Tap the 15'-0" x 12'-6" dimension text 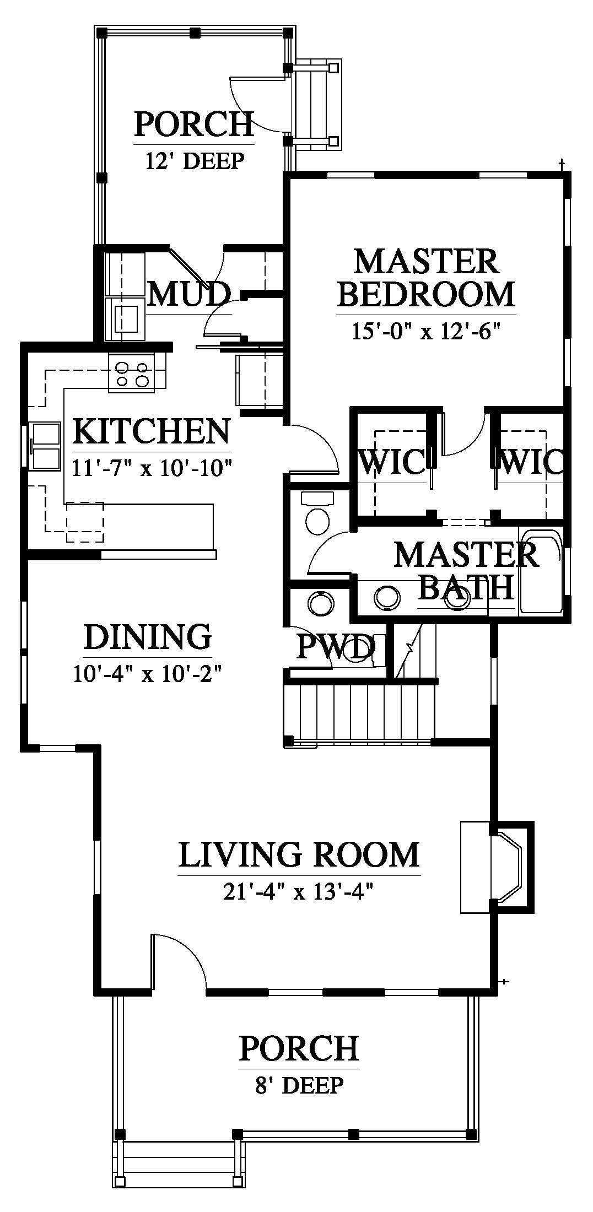425,332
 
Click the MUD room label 188,294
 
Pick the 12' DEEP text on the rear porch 194,161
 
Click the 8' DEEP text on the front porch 299,1085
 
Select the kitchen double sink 46,445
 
